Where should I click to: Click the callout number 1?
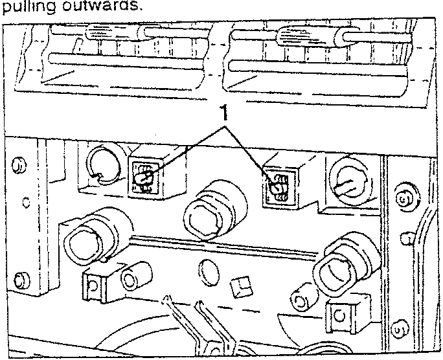click(223, 113)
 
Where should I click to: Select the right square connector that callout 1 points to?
click(280, 186)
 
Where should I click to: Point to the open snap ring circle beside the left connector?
click(104, 166)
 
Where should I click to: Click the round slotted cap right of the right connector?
click(348, 181)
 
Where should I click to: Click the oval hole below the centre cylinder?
click(209, 273)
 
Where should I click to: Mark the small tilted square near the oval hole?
click(241, 287)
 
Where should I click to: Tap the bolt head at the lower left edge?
click(22, 280)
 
